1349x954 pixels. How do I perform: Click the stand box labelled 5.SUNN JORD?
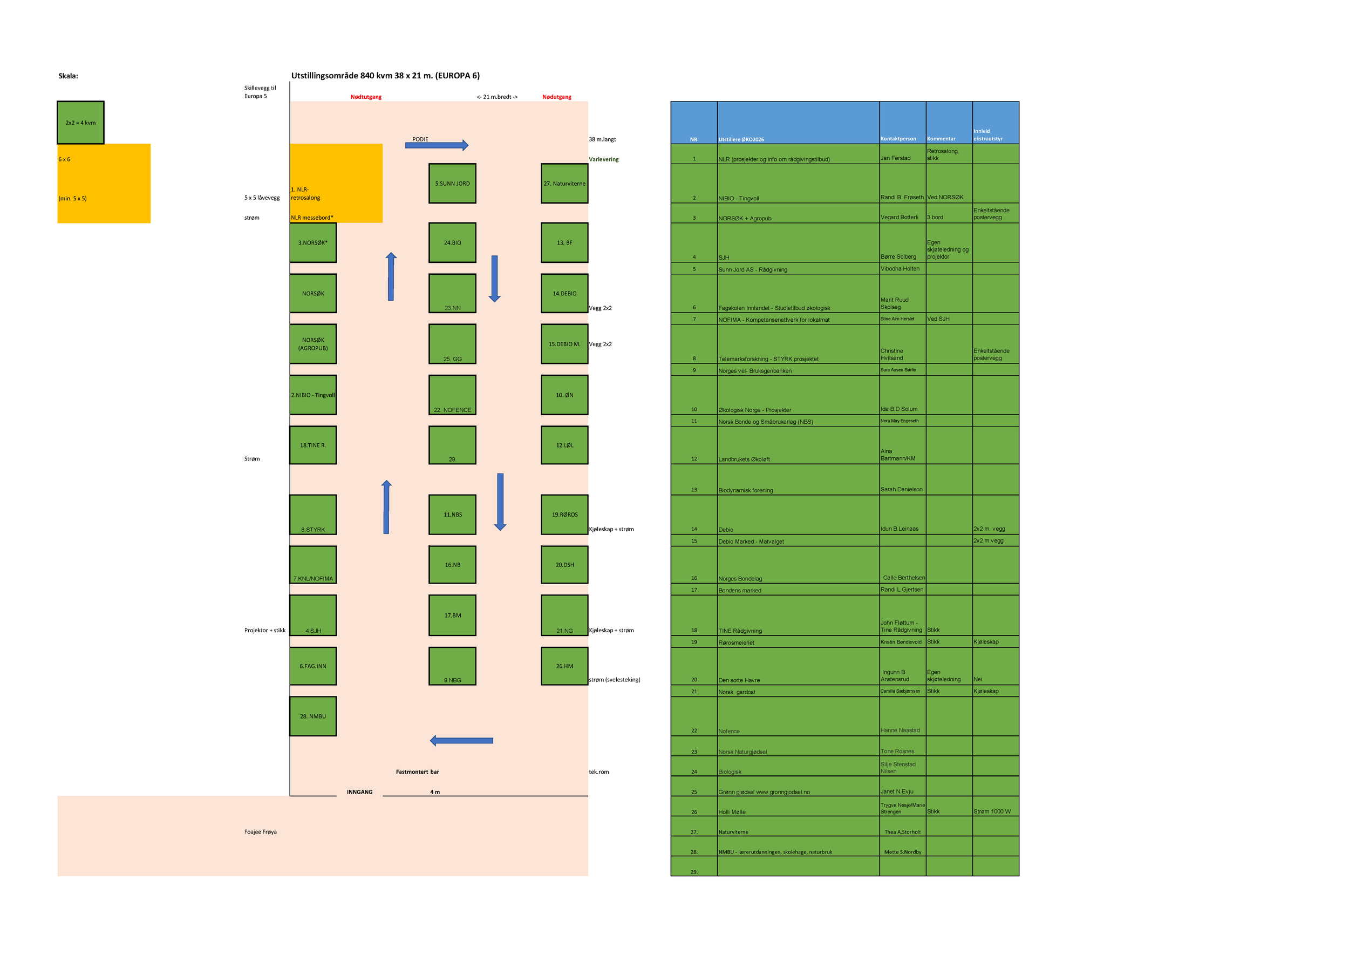452,184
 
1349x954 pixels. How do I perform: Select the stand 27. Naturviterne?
564,184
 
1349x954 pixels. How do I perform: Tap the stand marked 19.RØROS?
564,515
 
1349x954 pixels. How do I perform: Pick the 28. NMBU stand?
312,716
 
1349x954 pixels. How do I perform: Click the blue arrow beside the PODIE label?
437,145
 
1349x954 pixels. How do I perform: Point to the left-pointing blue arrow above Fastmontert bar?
461,741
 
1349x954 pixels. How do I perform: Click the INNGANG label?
359,792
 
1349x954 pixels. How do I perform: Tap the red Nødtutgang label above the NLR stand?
366,97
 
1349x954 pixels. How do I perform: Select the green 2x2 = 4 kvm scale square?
80,122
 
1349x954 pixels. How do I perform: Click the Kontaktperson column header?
898,139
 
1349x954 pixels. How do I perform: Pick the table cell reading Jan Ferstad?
895,158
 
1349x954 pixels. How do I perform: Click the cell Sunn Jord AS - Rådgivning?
753,269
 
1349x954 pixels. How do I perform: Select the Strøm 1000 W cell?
992,811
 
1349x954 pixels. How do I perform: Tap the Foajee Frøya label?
260,832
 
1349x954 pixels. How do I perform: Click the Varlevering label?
603,159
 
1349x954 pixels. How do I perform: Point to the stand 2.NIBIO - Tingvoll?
312,395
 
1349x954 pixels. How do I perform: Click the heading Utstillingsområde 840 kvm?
385,75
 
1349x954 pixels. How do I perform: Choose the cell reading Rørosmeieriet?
736,642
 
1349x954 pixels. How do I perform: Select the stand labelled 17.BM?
452,615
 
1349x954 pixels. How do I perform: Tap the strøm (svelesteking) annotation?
614,680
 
